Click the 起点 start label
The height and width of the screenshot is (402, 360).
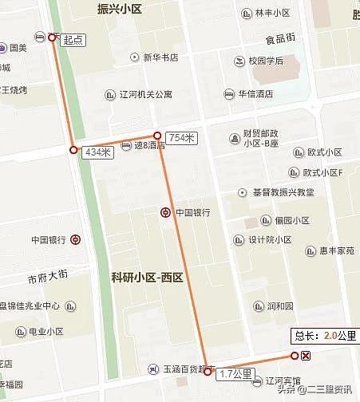pos(73,38)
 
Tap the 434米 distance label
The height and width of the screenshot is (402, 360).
pos(97,152)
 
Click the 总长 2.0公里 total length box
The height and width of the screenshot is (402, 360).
pos(326,336)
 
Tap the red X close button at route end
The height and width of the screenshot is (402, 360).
pos(307,356)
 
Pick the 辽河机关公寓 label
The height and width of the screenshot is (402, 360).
pos(145,94)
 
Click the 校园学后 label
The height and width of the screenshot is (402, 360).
pos(266,61)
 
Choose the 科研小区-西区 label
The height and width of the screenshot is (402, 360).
pos(147,278)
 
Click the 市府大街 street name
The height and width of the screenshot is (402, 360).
pos(49,277)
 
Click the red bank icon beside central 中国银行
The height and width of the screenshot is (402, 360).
pos(164,212)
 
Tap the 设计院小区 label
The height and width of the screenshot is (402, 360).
pos(269,239)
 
